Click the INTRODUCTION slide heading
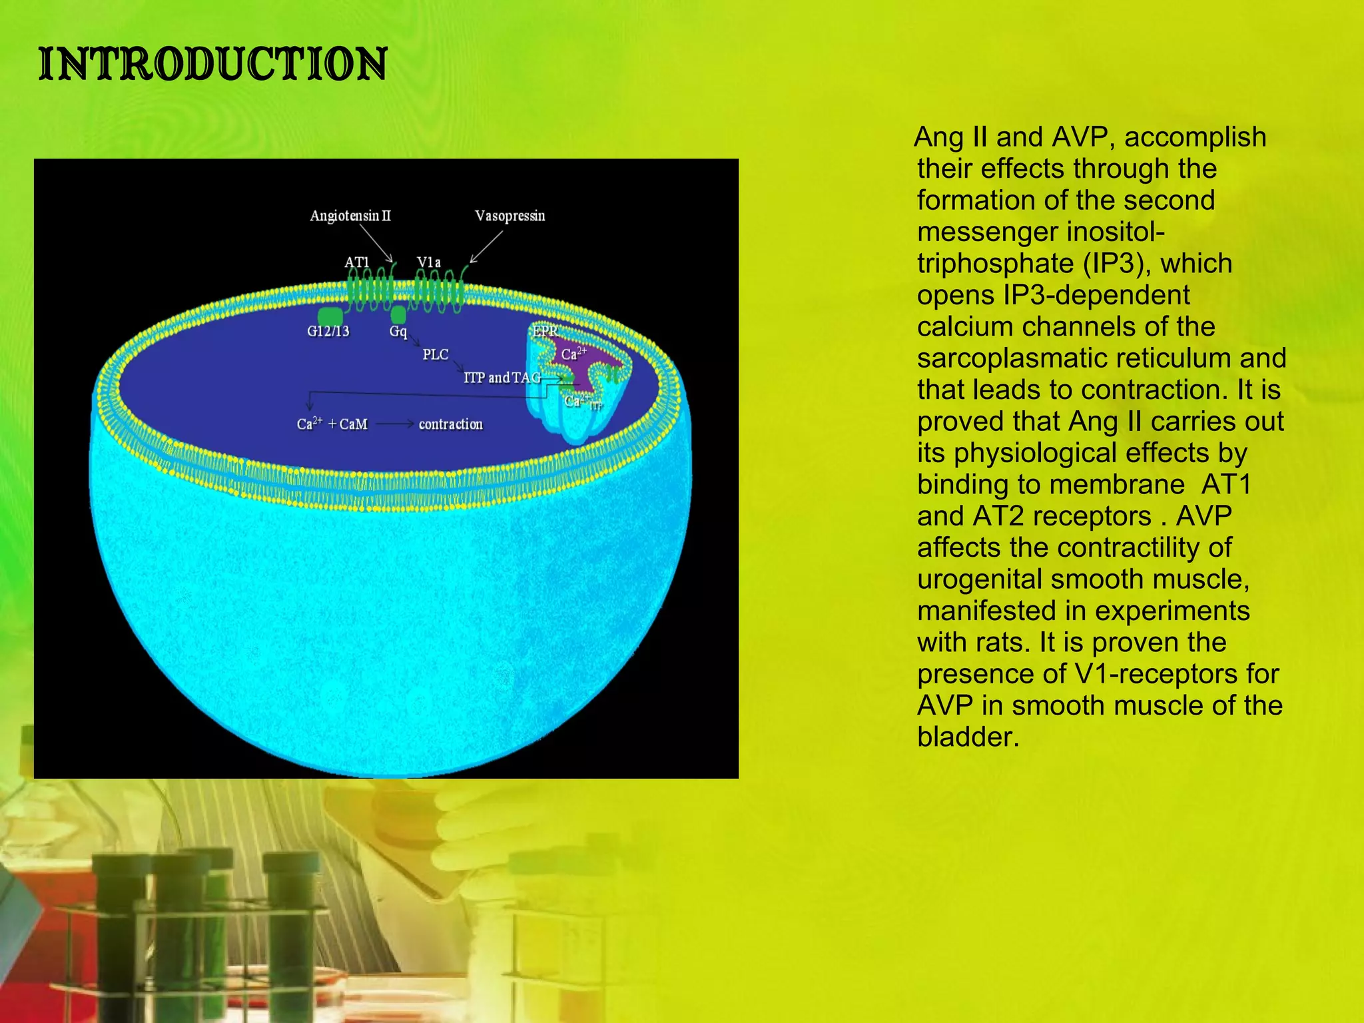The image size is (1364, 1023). (x=212, y=65)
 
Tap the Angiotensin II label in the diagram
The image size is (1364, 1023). (x=350, y=216)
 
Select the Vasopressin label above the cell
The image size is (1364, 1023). (x=510, y=216)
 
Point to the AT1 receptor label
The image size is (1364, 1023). (x=357, y=262)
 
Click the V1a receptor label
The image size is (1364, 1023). (x=429, y=262)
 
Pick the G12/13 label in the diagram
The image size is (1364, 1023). (x=328, y=331)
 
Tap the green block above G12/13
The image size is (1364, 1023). (x=330, y=316)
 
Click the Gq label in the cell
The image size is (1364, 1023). (x=398, y=331)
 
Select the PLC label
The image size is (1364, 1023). (x=436, y=354)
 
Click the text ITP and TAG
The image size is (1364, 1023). (x=502, y=378)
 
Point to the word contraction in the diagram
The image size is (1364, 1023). (x=451, y=424)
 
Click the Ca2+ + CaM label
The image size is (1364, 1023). (x=332, y=424)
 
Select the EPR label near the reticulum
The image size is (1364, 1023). (x=544, y=330)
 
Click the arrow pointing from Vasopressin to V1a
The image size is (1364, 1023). (x=487, y=246)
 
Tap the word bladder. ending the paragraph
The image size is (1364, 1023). (x=968, y=737)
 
